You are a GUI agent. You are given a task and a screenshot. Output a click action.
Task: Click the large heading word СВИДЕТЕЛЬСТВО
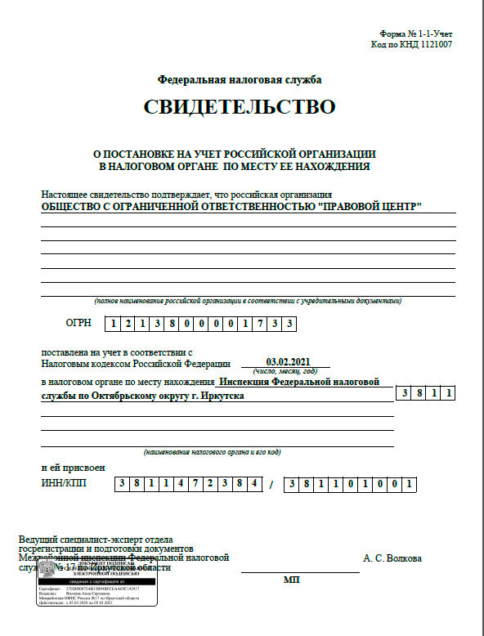click(240, 107)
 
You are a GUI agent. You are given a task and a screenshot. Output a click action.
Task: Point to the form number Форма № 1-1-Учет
click(415, 34)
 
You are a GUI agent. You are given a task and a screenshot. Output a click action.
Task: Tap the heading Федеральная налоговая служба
click(240, 80)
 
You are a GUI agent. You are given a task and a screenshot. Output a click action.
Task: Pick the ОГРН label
click(78, 323)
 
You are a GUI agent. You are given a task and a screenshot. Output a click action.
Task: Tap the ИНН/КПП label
click(64, 483)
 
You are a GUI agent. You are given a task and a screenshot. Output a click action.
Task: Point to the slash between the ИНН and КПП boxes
click(271, 484)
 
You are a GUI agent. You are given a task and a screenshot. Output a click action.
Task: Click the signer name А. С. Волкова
click(392, 558)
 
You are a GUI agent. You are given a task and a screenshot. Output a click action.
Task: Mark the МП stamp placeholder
click(292, 579)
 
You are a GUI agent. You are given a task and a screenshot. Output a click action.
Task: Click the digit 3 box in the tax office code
click(405, 394)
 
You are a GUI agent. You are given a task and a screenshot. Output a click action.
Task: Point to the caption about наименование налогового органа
click(213, 452)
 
